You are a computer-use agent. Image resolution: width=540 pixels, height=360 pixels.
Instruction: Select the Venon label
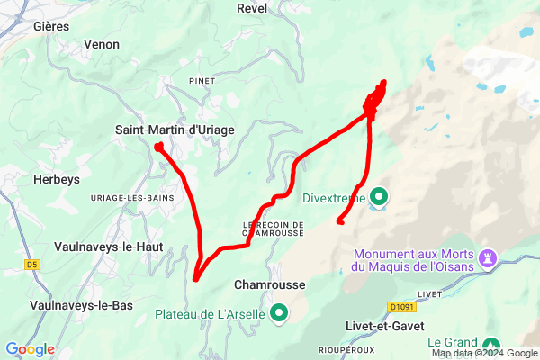[x=101, y=43]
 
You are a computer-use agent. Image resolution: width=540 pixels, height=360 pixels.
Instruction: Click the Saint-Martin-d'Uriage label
[x=175, y=130]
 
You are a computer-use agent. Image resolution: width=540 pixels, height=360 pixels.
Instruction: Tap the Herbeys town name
[x=57, y=179]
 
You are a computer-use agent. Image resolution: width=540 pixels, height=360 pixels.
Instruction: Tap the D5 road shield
[x=32, y=265]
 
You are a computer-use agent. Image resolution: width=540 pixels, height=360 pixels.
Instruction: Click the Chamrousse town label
[x=269, y=284]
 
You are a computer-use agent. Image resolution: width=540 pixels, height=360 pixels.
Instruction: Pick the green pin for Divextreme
[x=379, y=196]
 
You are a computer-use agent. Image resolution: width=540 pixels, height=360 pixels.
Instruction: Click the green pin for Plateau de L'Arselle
[x=279, y=313]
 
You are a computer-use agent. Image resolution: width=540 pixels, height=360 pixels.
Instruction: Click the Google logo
[x=31, y=349]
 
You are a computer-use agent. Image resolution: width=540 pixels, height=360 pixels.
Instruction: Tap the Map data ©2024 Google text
[x=483, y=353]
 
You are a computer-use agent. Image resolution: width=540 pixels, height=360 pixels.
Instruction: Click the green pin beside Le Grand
[x=491, y=345]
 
